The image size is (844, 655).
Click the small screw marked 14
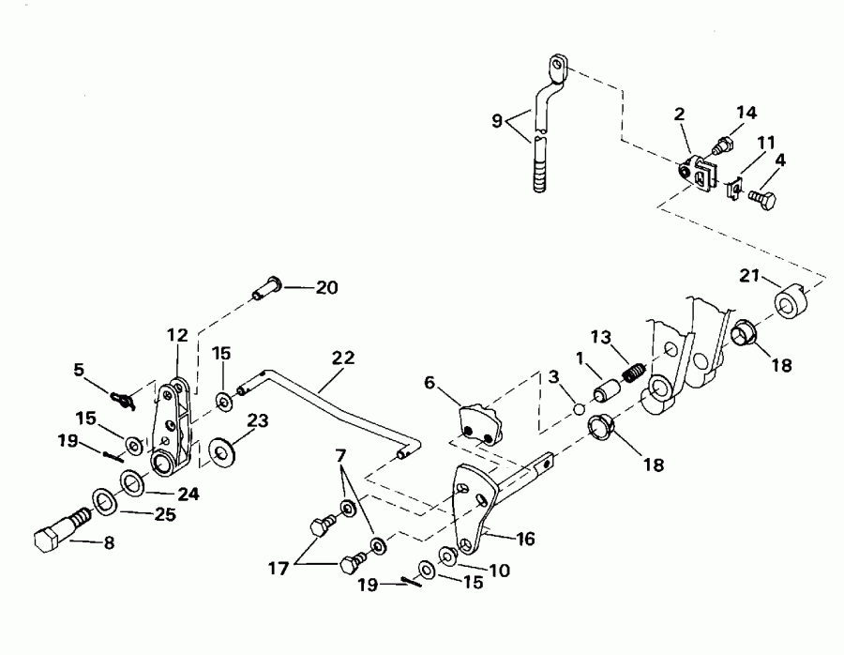pos(723,146)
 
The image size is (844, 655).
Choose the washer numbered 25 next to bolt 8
pos(105,501)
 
